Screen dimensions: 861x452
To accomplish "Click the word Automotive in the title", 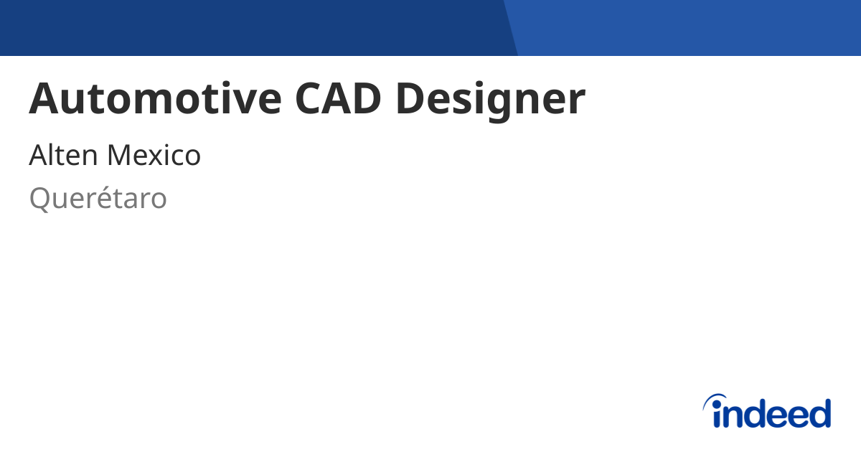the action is [x=156, y=98].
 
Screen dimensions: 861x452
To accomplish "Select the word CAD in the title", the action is [x=338, y=98].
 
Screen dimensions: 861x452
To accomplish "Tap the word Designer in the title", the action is [x=491, y=100].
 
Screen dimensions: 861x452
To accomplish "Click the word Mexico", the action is [x=154, y=155].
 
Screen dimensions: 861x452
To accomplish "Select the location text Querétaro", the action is [x=98, y=198].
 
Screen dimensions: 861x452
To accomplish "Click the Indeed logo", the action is [x=767, y=411].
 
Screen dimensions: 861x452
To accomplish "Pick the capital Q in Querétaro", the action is [x=39, y=199].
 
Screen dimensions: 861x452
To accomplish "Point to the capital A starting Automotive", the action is [x=44, y=98].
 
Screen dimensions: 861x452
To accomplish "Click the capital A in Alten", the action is [x=39, y=155].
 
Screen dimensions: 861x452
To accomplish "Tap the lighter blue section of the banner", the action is [x=688, y=28].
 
